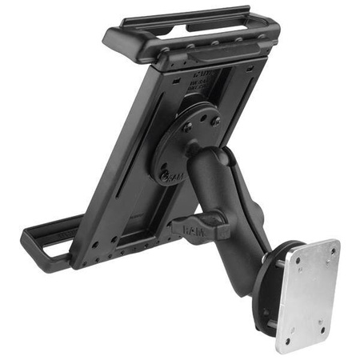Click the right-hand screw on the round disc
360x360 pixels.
[x=215, y=122]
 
